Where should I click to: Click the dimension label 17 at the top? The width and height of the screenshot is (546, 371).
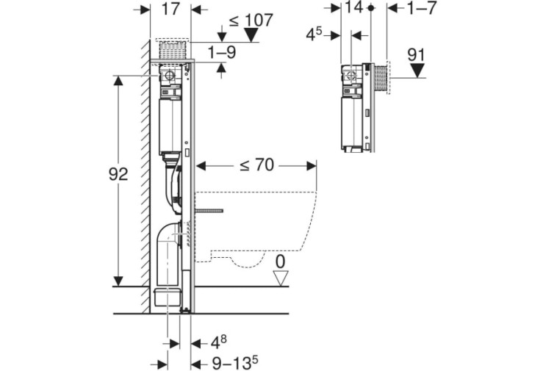170,10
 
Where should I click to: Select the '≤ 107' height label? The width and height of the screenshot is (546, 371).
251,21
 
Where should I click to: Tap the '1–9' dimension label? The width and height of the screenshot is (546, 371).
222,52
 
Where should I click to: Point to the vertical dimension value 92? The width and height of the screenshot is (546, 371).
118,174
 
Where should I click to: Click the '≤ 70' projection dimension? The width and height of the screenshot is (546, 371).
257,165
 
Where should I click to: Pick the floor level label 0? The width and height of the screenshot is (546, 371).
280,262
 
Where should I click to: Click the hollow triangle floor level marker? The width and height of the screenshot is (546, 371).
281,278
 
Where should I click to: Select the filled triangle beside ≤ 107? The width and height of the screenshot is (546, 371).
251,35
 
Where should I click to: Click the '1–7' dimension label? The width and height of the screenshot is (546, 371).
421,7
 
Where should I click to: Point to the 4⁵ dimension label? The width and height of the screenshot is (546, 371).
314,35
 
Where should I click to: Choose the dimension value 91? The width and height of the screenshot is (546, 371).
416,55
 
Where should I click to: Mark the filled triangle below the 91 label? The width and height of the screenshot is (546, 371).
417,71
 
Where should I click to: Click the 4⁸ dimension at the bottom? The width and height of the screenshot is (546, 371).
219,342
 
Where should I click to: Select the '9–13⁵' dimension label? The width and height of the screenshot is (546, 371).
235,364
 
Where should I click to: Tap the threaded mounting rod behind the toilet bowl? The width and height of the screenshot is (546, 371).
208,211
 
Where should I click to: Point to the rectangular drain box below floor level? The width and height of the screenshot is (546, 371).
168,297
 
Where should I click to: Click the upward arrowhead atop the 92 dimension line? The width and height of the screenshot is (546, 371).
118,81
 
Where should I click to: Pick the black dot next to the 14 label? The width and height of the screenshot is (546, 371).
371,7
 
